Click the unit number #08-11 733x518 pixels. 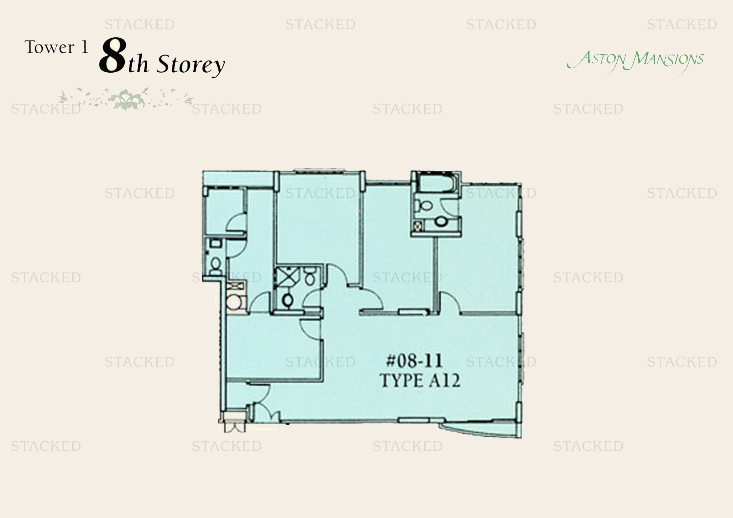(414, 361)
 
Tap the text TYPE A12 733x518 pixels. (420, 381)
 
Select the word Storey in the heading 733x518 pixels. (191, 65)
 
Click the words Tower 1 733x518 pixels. (56, 47)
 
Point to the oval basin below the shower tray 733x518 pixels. (287, 300)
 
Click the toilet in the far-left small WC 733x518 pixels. (216, 265)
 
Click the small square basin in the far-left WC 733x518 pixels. (216, 243)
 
